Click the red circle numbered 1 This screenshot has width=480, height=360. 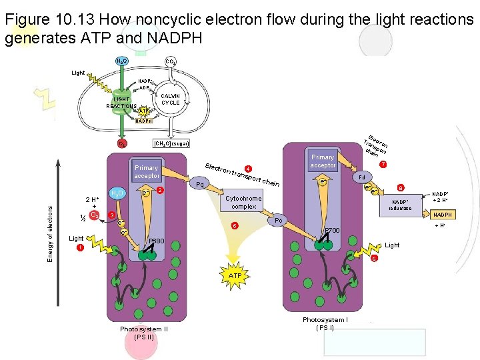pos(80,248)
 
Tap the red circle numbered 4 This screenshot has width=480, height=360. pos(248,168)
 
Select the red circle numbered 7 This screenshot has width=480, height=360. pos(383,165)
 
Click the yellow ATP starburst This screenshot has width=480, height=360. pos(235,275)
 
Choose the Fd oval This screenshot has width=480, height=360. pos(361,177)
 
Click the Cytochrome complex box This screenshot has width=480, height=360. pos(243,202)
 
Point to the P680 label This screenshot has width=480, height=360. pos(157,241)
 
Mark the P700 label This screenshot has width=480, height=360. pos(332,231)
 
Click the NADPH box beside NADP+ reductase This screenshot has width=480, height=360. pos(443,215)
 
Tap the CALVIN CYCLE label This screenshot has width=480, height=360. pos(170,99)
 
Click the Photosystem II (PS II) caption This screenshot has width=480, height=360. pos(143,333)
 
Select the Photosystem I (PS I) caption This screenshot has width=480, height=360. pos(325,324)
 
